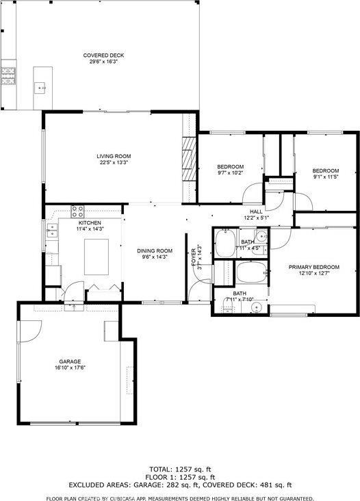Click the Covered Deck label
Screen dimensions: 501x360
(104, 58)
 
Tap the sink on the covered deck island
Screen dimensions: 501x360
(41, 87)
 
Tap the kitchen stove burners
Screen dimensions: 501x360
(76, 211)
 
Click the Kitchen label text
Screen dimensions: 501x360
(90, 223)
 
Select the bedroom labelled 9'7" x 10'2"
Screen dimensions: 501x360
(230, 170)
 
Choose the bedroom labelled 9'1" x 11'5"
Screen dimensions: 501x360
(325, 174)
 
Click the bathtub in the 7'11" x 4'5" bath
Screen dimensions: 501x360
(224, 244)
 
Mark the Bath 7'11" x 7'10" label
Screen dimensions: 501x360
(239, 296)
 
